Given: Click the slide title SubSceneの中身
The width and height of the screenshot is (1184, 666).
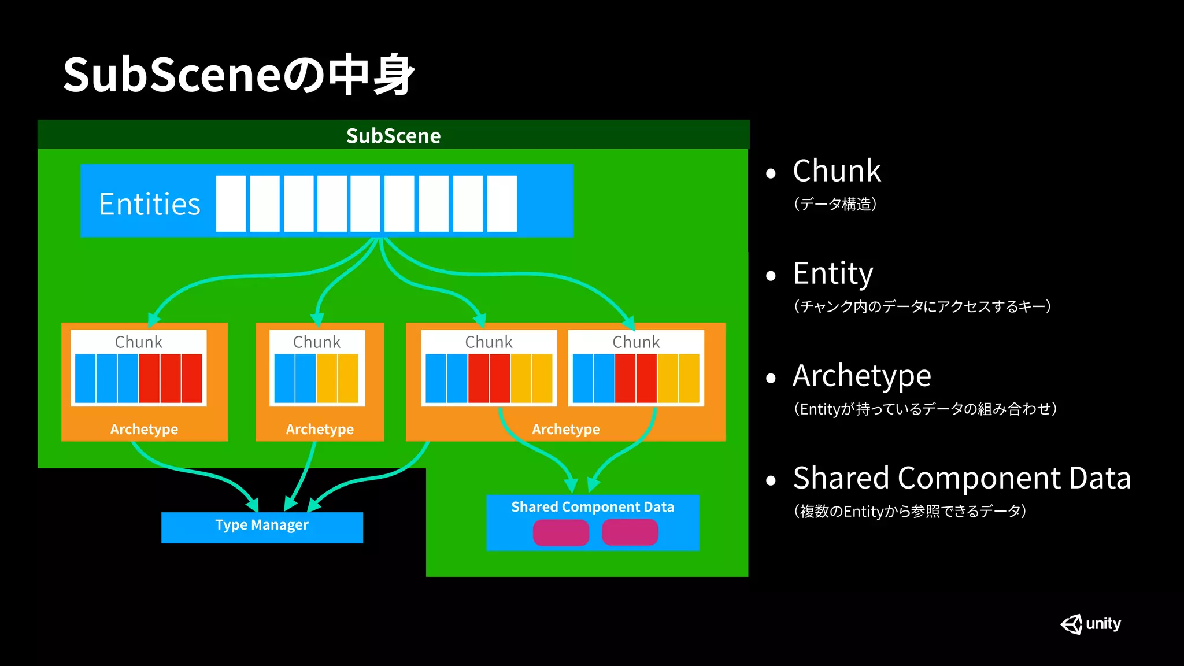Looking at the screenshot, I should tap(238, 75).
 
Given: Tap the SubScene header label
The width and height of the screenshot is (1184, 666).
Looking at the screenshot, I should tap(393, 136).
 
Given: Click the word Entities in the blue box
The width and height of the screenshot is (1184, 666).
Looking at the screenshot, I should tap(150, 204).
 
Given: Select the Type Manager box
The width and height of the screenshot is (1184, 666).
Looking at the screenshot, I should tap(262, 527).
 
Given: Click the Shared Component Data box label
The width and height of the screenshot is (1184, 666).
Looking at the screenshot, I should tap(593, 507).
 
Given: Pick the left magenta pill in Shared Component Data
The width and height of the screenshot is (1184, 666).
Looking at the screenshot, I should tap(561, 532).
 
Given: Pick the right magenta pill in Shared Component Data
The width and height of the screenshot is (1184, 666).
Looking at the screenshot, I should tap(630, 532).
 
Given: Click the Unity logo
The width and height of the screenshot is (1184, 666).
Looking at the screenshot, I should tap(1090, 624).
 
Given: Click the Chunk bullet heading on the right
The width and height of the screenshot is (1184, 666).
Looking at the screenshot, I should tap(837, 171).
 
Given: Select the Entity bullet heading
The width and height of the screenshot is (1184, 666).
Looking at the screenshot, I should tap(833, 273).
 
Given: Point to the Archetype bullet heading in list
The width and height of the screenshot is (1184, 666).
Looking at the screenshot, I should tap(861, 376).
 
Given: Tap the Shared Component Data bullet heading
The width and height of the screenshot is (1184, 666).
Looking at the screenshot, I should tap(961, 478).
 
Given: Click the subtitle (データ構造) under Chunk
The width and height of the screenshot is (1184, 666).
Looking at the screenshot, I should tap(835, 204).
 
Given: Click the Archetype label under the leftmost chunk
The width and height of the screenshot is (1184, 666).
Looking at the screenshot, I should tap(144, 429).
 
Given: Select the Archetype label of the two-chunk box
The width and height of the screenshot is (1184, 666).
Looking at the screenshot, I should tap(565, 429).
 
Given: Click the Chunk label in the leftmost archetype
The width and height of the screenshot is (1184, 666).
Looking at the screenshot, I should tap(138, 342).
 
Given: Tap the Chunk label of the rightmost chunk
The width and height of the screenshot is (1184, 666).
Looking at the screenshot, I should tap(636, 342).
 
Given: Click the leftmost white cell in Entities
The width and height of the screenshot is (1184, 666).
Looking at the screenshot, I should tap(231, 204).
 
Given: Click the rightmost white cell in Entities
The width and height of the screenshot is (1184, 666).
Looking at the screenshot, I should tap(502, 204).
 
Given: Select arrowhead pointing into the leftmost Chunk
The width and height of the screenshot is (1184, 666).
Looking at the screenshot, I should tap(153, 319).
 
